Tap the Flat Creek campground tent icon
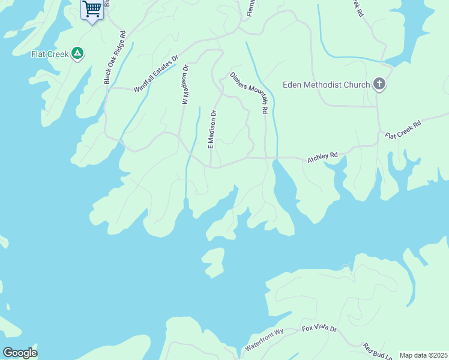tap(77, 54)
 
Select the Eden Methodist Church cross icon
tap(379, 85)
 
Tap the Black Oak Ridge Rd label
tap(115, 58)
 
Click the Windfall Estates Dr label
tap(156, 74)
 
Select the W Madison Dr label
tap(185, 85)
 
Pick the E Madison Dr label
tap(211, 129)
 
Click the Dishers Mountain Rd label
tap(247, 93)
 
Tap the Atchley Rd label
tap(323, 158)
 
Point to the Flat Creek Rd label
tap(403, 130)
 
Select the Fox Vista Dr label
tap(319, 329)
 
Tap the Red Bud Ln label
tap(377, 350)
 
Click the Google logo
tap(20, 353)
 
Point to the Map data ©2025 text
tap(423, 355)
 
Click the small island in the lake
tap(212, 263)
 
